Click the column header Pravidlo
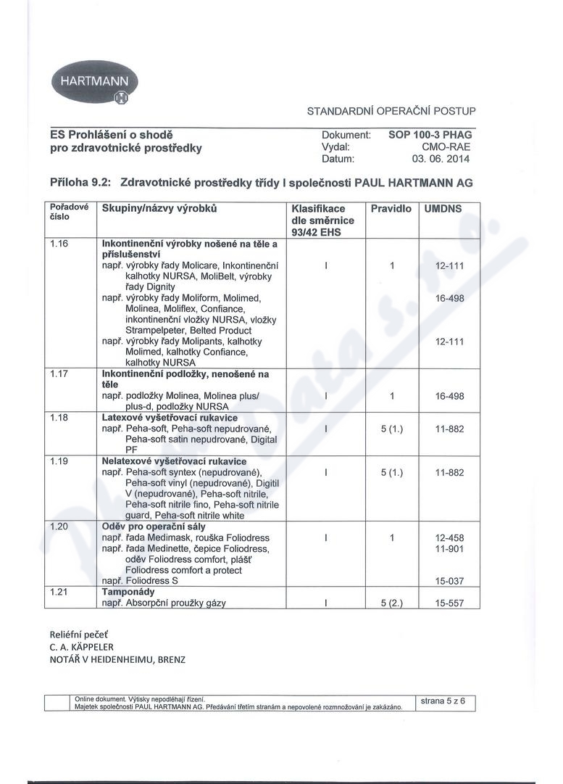tap(391, 209)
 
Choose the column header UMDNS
tap(443, 209)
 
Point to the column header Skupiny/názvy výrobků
tap(160, 209)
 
